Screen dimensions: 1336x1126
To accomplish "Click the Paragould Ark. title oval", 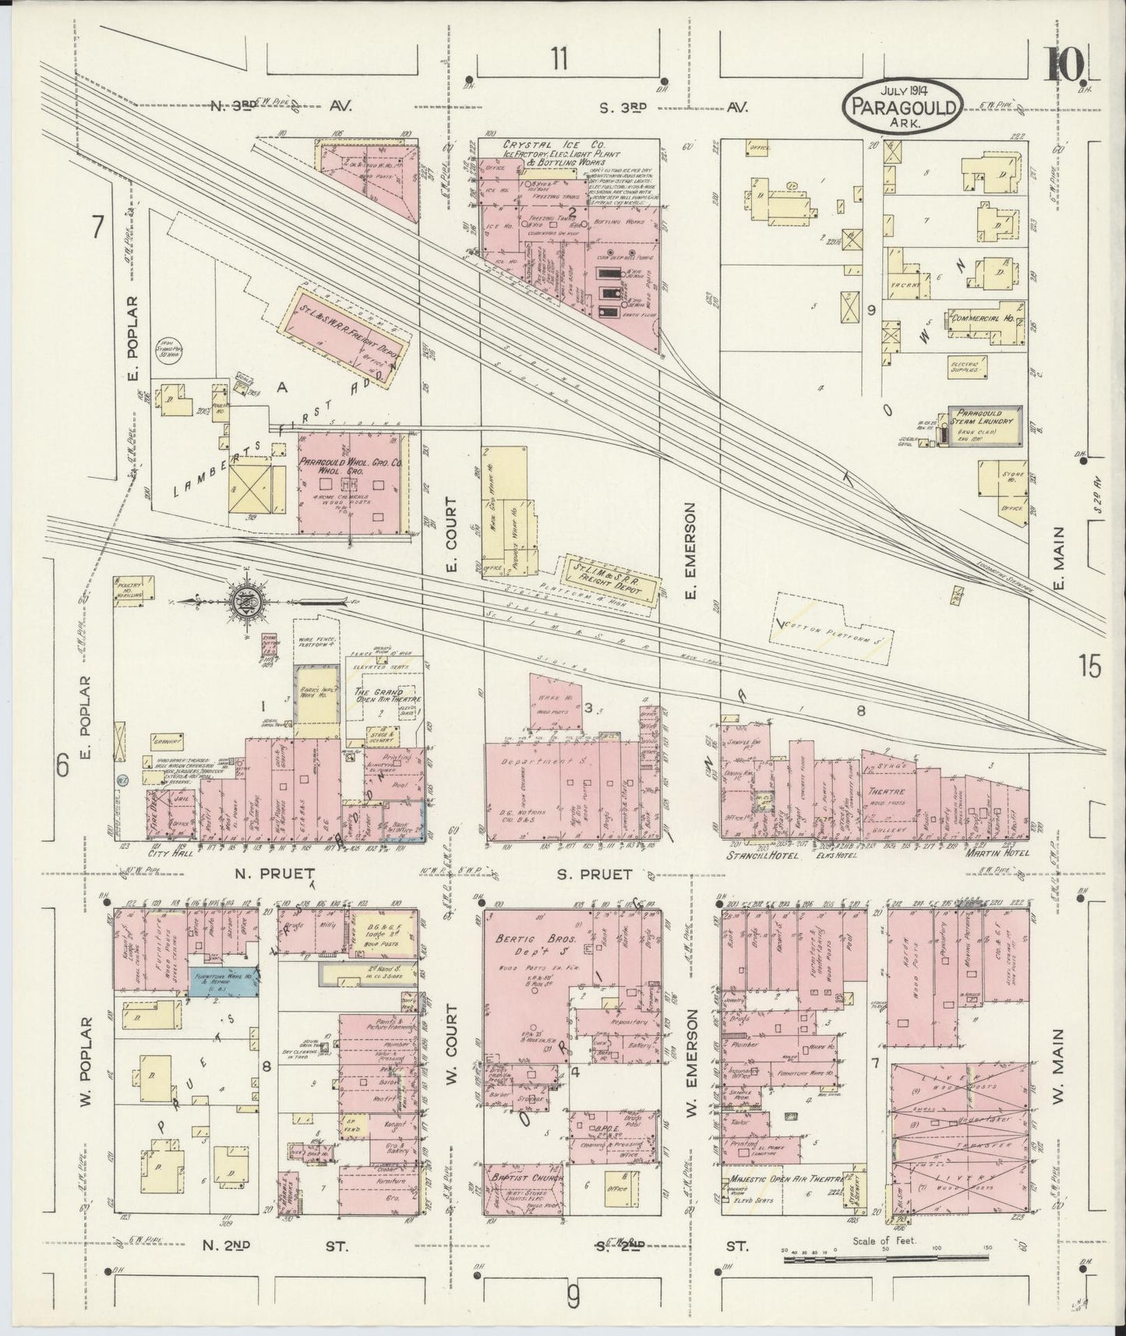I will coord(902,103).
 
